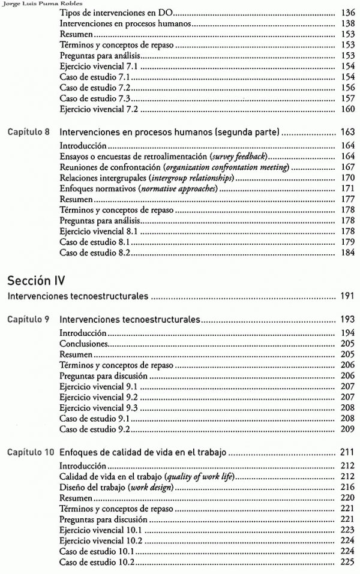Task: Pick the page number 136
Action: point(347,13)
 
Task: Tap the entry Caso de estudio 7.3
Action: point(95,98)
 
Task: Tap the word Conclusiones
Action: point(84,344)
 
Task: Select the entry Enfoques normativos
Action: point(97,189)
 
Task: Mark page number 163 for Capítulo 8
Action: point(346,132)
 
